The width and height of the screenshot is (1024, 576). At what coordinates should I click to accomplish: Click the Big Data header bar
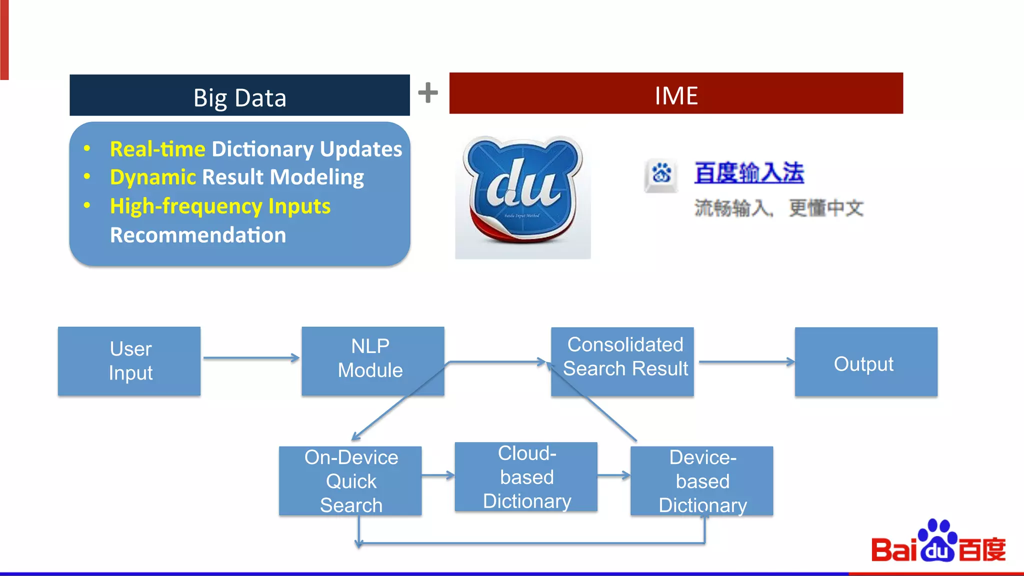pyautogui.click(x=239, y=95)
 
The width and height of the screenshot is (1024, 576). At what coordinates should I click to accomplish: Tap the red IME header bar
pyautogui.click(x=676, y=93)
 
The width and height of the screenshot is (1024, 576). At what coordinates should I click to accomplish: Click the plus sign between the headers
pyautogui.click(x=428, y=92)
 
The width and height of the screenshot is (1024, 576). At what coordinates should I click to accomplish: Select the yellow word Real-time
pyautogui.click(x=157, y=149)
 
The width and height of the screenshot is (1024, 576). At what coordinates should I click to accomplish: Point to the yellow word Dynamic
pyautogui.click(x=152, y=177)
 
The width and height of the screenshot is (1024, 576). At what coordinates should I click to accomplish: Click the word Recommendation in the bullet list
pyautogui.click(x=198, y=235)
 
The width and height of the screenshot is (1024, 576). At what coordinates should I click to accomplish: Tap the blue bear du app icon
pyautogui.click(x=523, y=195)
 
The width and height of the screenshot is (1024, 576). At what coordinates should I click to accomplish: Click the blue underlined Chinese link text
pyautogui.click(x=748, y=173)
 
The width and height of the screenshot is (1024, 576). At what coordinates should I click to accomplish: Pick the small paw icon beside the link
pyautogui.click(x=661, y=174)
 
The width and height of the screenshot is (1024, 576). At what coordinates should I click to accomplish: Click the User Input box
pyautogui.click(x=129, y=361)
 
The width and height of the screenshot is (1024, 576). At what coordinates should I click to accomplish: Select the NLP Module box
pyautogui.click(x=372, y=360)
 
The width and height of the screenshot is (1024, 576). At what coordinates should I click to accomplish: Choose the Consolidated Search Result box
pyautogui.click(x=622, y=361)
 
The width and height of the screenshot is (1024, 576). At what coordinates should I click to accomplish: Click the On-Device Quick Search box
pyautogui.click(x=350, y=480)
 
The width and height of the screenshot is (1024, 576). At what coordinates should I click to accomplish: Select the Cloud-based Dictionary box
pyautogui.click(x=526, y=476)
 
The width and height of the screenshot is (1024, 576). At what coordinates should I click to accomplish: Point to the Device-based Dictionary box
pyautogui.click(x=701, y=480)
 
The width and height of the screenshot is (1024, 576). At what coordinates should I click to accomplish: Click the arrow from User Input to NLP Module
pyautogui.click(x=251, y=358)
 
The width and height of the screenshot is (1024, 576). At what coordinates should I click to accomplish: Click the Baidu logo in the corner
pyautogui.click(x=938, y=543)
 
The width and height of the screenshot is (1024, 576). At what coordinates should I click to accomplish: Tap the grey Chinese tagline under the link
pyautogui.click(x=778, y=208)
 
